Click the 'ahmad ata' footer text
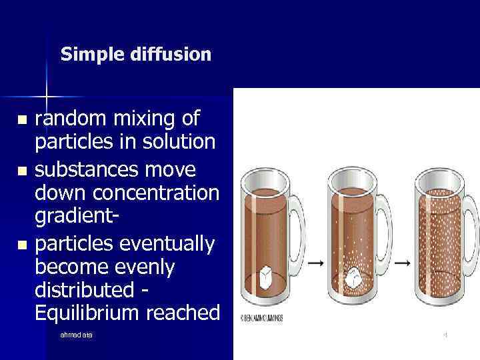tap(76, 335)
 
